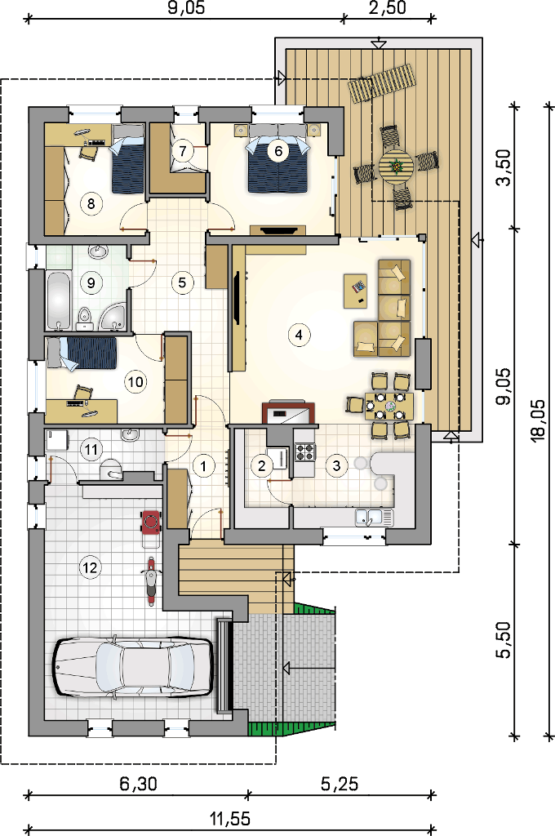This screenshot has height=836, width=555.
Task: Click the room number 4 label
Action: tap(299, 335)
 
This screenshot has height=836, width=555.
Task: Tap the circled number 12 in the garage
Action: tap(90, 567)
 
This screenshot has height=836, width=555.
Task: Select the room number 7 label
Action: tap(183, 150)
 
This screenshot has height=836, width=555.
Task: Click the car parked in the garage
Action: tap(133, 665)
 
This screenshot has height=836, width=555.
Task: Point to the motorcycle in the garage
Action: tap(151, 580)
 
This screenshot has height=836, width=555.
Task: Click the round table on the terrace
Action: tap(396, 167)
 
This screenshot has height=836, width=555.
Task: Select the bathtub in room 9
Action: tap(58, 300)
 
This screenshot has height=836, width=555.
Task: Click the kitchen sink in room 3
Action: tap(375, 517)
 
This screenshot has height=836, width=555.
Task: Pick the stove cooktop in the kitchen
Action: tap(304, 451)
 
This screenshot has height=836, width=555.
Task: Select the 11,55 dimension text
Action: tap(230, 818)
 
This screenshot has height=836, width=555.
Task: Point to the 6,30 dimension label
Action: tap(138, 783)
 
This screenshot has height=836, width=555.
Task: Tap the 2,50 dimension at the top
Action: tap(388, 8)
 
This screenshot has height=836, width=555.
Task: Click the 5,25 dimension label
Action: tap(340, 783)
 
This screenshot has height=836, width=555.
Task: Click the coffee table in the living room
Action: tap(356, 291)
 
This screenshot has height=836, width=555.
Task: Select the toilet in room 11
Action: tap(112, 468)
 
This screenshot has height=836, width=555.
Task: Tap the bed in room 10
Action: tap(82, 353)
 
